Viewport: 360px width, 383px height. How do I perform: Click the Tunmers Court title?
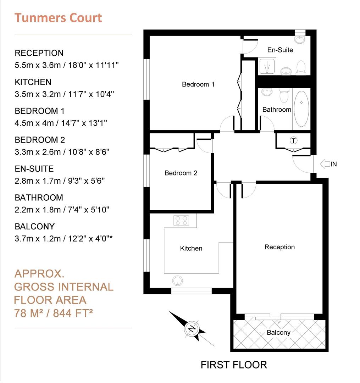click(x=58, y=18)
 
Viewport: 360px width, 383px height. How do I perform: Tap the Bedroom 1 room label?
click(x=198, y=84)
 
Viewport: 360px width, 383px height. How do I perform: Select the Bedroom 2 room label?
click(x=181, y=173)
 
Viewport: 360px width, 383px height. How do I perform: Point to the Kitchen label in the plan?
click(x=191, y=248)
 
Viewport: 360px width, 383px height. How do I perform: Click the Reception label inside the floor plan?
click(x=279, y=247)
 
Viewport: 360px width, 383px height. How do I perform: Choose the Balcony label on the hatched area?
click(x=278, y=332)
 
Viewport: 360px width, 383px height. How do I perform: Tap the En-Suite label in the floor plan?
click(x=280, y=50)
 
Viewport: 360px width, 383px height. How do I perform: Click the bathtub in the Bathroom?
click(x=301, y=109)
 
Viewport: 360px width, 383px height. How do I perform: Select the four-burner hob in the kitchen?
click(x=181, y=221)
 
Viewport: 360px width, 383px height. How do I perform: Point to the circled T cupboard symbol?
click(x=293, y=140)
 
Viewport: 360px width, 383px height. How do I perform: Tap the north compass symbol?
click(x=192, y=329)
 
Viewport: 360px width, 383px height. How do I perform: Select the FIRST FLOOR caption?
click(x=234, y=365)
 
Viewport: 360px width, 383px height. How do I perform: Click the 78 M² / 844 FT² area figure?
click(x=53, y=313)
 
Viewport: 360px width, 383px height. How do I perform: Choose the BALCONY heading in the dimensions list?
click(x=35, y=226)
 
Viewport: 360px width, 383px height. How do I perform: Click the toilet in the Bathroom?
click(x=284, y=95)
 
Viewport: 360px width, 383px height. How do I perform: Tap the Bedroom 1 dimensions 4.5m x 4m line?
click(x=61, y=123)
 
